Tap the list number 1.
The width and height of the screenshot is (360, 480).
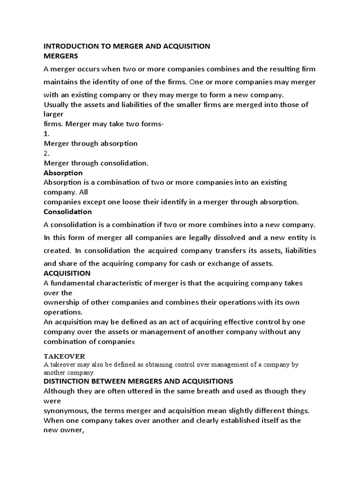[x=46, y=134]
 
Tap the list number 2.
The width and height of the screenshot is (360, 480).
[x=46, y=153]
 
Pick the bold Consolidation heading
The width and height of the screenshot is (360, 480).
[x=67, y=211]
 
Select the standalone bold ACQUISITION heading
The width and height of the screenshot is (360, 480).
[x=67, y=273]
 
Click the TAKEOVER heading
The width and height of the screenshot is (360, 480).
[x=65, y=356]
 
